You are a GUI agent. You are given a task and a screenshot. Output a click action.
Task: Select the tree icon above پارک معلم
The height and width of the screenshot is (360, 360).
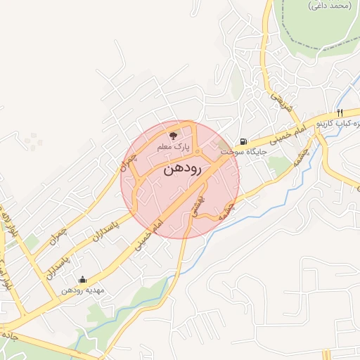coord(174,134)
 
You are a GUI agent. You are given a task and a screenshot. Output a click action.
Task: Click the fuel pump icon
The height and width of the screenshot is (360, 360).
coord(243,140)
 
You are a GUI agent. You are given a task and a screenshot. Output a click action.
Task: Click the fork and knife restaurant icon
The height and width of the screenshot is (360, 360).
coord(340,112)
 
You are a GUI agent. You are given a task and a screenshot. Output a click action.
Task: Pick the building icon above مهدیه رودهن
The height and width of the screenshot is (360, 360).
coord(82,279)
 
